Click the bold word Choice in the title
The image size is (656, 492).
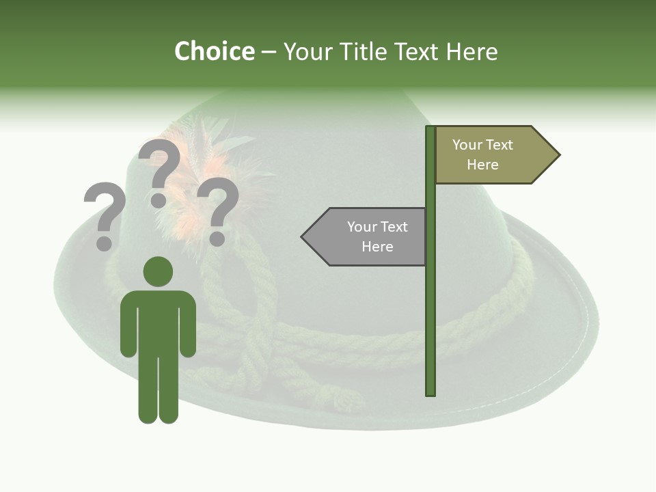(214, 51)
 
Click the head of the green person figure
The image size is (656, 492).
(158, 271)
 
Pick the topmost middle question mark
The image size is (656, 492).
(160, 167)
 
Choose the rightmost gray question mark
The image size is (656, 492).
(218, 205)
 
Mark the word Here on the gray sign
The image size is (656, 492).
(377, 247)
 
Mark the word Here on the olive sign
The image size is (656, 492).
(482, 165)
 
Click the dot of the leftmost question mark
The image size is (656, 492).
(104, 243)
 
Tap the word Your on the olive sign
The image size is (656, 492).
(467, 145)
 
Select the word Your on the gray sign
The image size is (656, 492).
(361, 227)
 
